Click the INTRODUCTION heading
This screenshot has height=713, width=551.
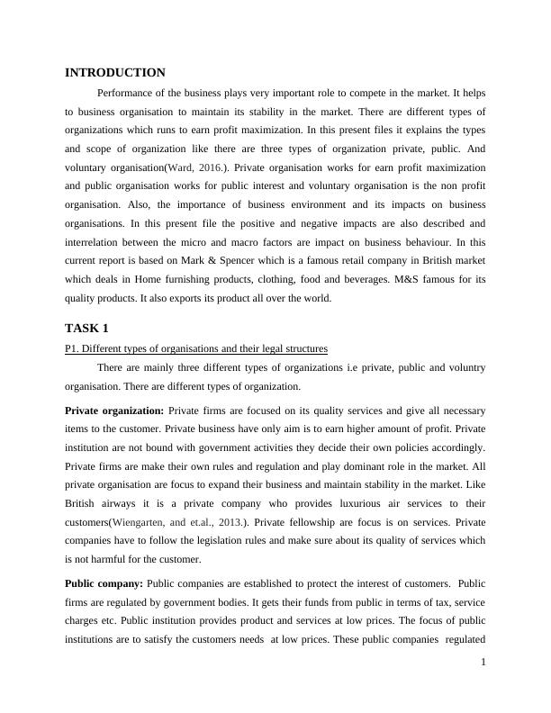coord(115,72)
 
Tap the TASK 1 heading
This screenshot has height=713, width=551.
coord(86,328)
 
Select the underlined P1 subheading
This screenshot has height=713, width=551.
coord(196,347)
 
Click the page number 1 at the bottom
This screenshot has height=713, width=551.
coord(483,687)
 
